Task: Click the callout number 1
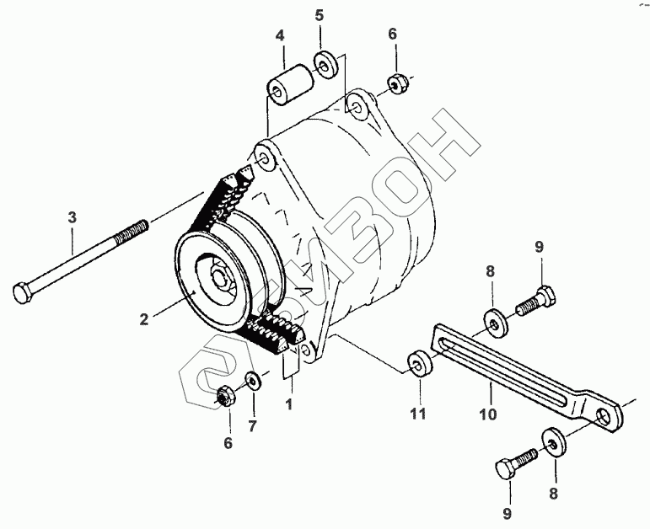click(289, 403)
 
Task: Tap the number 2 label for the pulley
click(144, 319)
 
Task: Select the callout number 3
click(73, 217)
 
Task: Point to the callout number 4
click(280, 35)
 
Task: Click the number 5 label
click(320, 16)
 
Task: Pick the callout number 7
click(253, 426)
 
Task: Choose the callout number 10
click(489, 414)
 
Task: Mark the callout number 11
click(418, 414)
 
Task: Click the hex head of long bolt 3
click(22, 292)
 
